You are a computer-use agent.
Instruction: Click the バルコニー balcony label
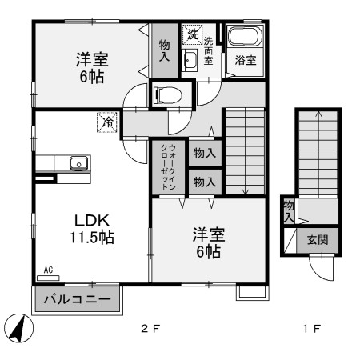(77, 302)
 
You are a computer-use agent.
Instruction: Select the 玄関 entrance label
(317, 238)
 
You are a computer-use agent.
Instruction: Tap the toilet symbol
(166, 96)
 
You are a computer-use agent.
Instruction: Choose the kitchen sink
(80, 163)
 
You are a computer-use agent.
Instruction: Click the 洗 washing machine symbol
(191, 34)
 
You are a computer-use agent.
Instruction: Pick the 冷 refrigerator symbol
(106, 122)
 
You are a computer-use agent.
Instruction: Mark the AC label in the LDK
(48, 270)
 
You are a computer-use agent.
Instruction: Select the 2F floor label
(150, 329)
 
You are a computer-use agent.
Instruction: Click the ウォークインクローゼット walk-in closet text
(169, 166)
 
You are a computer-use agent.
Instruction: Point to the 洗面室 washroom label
(209, 50)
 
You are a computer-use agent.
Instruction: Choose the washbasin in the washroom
(190, 61)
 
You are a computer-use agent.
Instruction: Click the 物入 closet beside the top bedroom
(165, 51)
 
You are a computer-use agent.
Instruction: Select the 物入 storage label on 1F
(288, 211)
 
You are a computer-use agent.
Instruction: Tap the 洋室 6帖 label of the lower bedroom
(207, 243)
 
